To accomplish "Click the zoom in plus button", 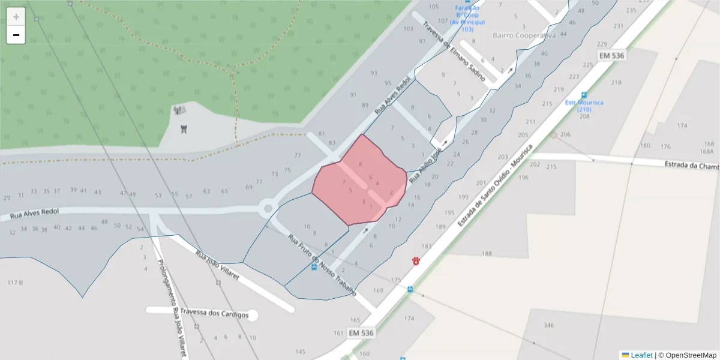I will point(16,17).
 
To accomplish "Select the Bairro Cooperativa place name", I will point(524,35).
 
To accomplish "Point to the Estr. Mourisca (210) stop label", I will point(584,106).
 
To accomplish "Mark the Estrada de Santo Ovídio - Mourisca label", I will point(495,185).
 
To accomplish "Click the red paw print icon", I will point(415,260).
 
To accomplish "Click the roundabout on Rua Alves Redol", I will point(268,209).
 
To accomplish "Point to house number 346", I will point(548,325).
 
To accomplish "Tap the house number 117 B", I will point(15,282).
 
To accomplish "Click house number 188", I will point(487,253).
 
